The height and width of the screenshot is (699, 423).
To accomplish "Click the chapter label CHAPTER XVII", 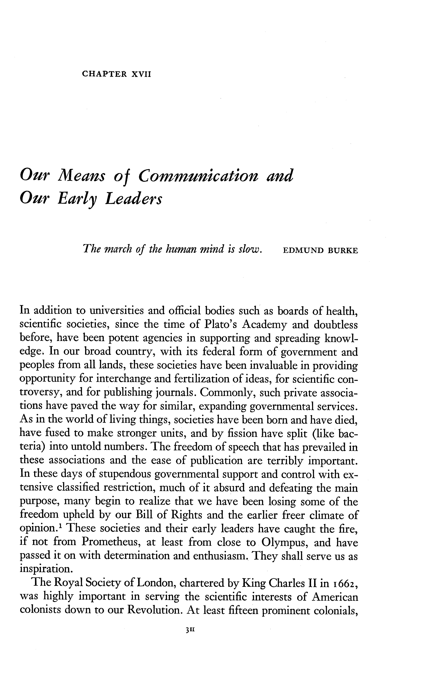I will [116, 74].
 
